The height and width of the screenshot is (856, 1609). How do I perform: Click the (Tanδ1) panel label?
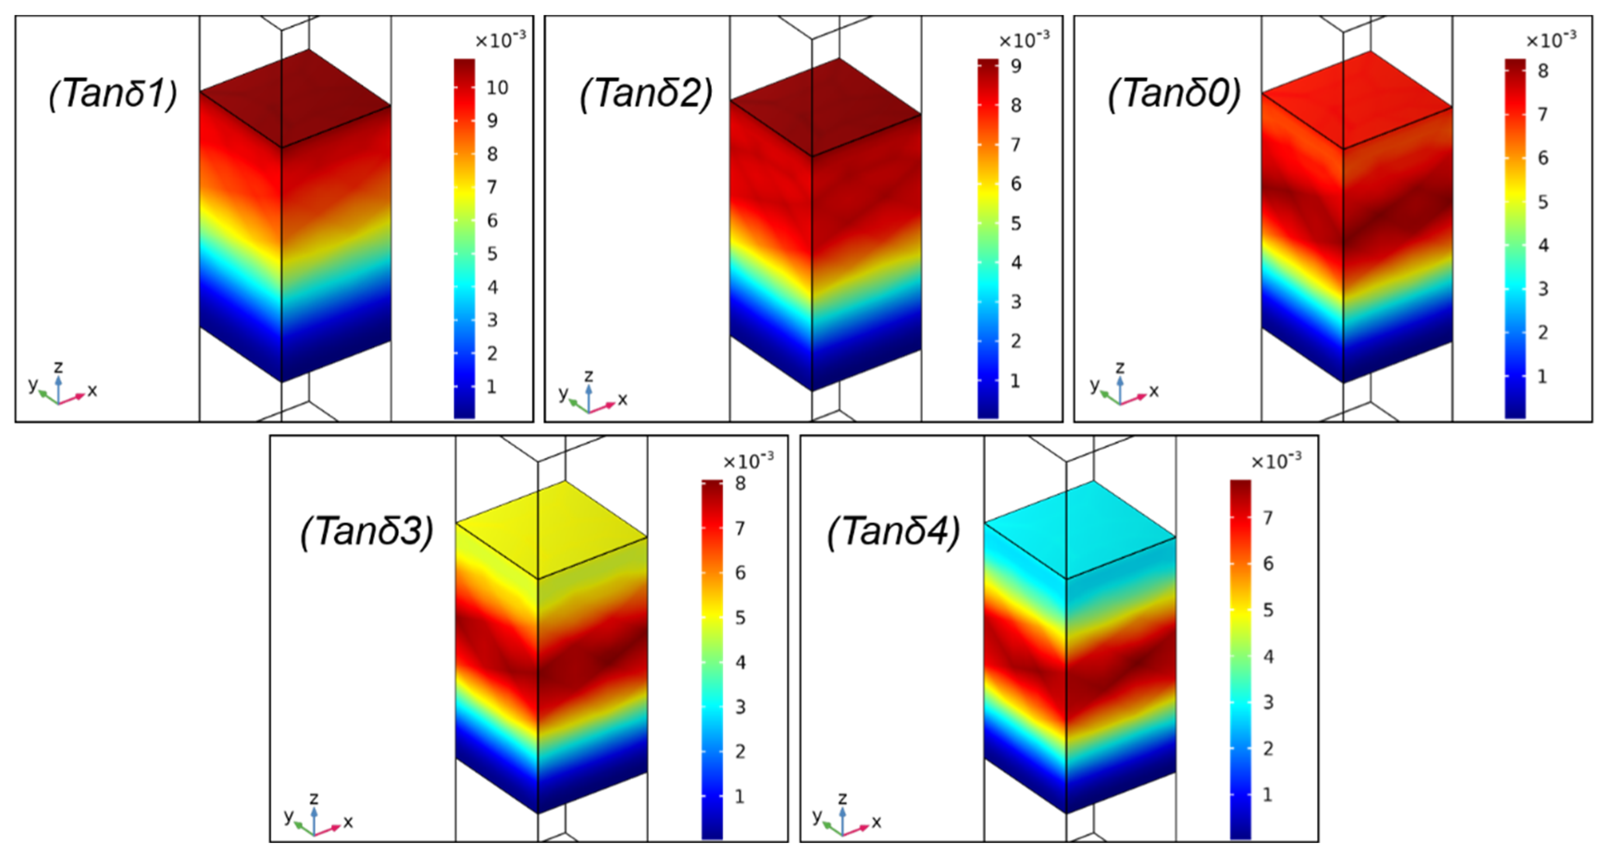click(113, 94)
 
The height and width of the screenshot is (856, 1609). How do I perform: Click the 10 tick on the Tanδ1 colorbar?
click(497, 88)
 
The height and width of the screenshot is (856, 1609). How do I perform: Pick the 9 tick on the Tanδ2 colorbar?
click(1016, 66)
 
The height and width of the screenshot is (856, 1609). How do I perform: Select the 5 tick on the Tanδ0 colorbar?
click(1543, 202)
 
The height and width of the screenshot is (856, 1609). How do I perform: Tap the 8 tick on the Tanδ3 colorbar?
click(740, 484)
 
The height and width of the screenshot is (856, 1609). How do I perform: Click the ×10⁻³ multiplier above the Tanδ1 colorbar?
click(500, 41)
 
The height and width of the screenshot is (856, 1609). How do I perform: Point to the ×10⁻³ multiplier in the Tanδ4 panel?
click(1276, 462)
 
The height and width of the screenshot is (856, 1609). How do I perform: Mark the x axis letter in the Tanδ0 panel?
click(1154, 391)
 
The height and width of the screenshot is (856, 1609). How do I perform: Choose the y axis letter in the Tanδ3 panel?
click(289, 815)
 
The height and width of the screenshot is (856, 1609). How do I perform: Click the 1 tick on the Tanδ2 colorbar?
click(1015, 381)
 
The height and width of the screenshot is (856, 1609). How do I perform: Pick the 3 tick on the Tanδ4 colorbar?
click(1268, 702)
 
